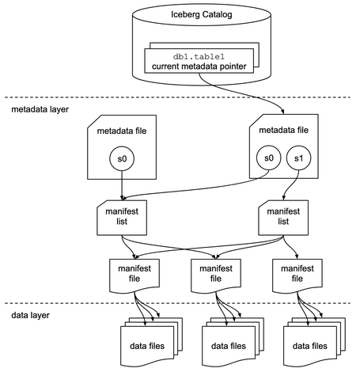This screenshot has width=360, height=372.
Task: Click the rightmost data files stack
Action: [309, 344]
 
